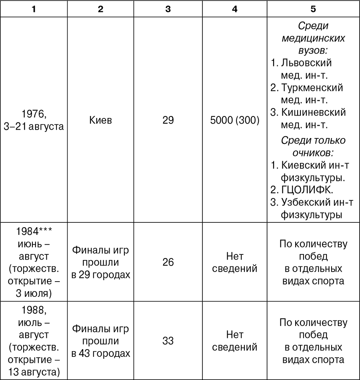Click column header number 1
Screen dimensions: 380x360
coord(34,9)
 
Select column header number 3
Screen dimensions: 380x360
coord(168,9)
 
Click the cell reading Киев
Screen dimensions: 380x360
coord(101,120)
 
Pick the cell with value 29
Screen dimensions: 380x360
coord(168,120)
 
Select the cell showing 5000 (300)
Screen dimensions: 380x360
coord(235,120)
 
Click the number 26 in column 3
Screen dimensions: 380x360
coord(168,262)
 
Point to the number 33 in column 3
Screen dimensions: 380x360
coord(168,341)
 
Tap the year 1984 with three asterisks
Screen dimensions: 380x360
coord(34,232)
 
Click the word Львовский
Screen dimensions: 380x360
coord(306,63)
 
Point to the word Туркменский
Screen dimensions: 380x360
coord(312,87)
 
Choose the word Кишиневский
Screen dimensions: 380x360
coord(313,112)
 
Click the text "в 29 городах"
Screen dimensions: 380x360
coord(101,275)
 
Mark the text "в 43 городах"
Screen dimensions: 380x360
coord(101,354)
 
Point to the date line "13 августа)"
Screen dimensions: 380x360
coord(34,372)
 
